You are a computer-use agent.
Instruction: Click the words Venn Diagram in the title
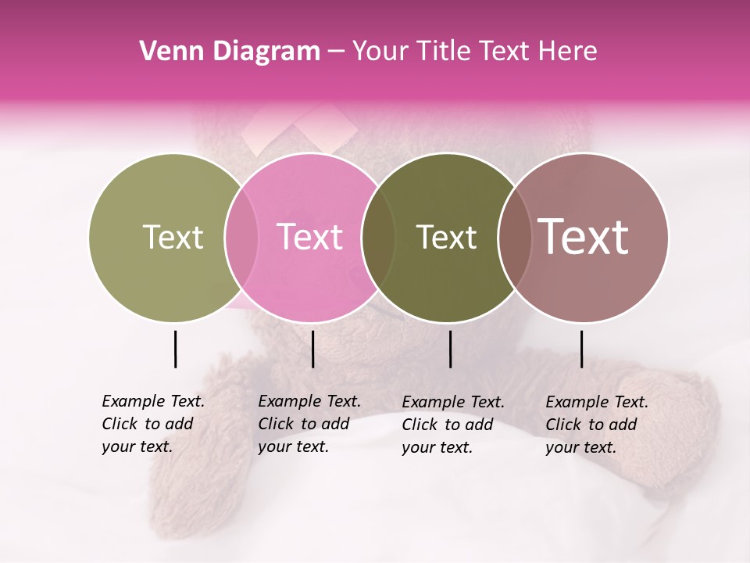230,52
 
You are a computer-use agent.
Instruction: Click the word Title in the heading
443,52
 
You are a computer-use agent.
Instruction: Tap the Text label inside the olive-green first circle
173,237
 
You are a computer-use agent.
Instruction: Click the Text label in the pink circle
309,237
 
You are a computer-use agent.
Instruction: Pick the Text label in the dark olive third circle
446,237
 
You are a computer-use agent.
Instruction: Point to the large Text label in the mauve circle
584,237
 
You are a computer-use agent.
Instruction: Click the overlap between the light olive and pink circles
241,237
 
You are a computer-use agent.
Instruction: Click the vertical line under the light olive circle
175,349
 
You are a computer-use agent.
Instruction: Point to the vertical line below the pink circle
312,349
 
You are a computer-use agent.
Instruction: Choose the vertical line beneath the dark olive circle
450,349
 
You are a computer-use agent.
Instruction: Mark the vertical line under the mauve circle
581,349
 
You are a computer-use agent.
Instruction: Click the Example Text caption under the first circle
152,424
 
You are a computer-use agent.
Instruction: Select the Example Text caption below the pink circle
309,424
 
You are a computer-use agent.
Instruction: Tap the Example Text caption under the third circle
452,425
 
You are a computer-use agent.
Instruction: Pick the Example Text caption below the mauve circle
596,425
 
